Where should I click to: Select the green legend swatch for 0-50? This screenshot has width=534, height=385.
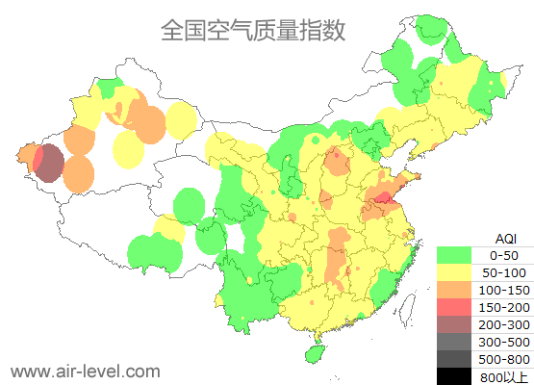click(454, 255)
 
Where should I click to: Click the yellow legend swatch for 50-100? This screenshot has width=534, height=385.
click(454, 272)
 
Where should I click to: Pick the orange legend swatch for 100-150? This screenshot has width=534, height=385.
click(454, 290)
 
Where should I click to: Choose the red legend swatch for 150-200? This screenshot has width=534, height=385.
click(454, 307)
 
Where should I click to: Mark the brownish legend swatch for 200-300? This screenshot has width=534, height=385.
click(454, 324)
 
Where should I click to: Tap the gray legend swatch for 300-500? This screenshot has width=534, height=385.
click(454, 342)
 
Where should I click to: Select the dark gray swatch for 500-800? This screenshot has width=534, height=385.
click(454, 359)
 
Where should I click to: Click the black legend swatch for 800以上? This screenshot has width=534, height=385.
click(454, 375)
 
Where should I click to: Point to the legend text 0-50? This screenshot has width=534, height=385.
click(503, 255)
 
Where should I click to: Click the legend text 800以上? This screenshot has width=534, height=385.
click(503, 376)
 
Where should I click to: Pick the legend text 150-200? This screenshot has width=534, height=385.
click(503, 307)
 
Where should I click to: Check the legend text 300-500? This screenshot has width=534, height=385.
click(503, 342)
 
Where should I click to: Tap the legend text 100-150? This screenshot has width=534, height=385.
click(503, 290)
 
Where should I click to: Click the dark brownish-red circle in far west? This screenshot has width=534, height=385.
click(50, 163)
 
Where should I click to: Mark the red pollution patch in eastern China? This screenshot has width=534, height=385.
click(383, 198)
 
